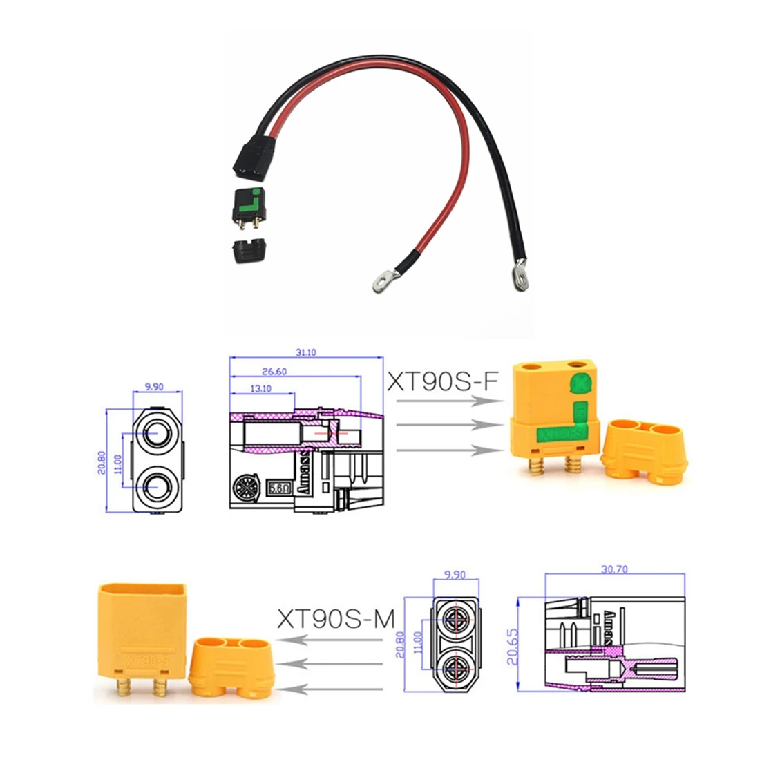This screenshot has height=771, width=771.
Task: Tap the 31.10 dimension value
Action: pyautogui.click(x=305, y=352)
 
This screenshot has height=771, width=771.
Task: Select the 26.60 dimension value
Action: pyautogui.click(x=294, y=371)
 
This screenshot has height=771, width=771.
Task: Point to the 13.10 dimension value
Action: pyautogui.click(x=261, y=388)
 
